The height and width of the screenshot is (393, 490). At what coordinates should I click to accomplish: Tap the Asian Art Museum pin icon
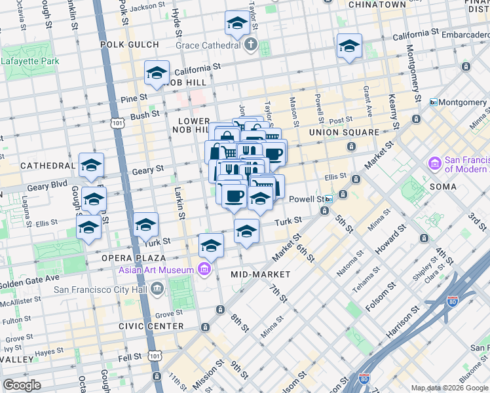(x=204, y=269)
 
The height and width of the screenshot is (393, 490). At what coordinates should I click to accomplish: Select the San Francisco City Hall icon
(x=157, y=289)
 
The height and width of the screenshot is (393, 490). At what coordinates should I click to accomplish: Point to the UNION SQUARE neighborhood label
(x=344, y=132)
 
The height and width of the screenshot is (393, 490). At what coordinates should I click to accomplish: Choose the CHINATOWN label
(x=377, y=5)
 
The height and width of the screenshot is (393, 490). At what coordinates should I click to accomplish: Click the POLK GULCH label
(x=130, y=45)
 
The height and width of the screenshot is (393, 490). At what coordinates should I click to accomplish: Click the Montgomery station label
(x=462, y=103)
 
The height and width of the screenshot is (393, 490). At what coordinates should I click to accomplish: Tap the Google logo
(x=22, y=385)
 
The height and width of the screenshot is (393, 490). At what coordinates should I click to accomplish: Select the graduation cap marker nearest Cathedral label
(x=91, y=165)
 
